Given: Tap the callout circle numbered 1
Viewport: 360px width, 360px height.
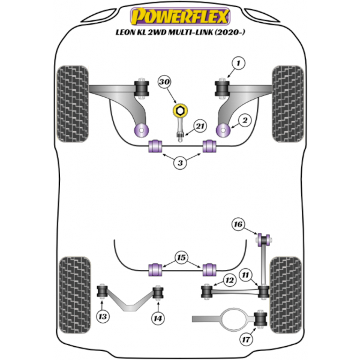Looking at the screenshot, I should [239, 62].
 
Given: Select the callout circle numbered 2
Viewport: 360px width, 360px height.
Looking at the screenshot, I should [244, 121].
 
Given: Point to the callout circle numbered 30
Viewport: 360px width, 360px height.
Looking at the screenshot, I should [164, 83].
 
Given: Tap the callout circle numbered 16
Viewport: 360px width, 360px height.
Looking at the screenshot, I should [237, 224].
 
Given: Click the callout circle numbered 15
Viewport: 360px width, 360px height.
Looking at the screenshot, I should [179, 257].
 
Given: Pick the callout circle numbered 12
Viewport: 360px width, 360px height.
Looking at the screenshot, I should [229, 280].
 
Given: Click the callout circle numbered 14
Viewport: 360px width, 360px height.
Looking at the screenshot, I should [157, 317].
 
